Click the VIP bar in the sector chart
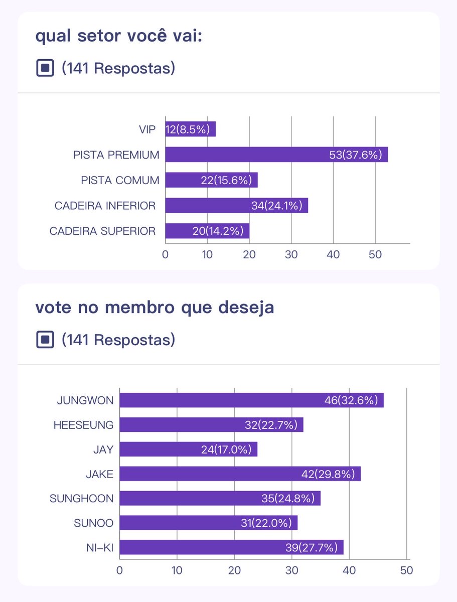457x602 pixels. (191, 129)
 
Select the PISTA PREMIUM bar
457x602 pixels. (276, 155)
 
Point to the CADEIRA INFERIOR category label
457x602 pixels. (105, 206)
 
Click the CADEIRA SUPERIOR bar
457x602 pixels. (207, 231)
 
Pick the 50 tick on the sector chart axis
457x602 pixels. (375, 254)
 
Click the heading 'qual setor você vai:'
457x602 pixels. (118, 37)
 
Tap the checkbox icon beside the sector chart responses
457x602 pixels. (45, 68)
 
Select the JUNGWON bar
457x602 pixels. (251, 400)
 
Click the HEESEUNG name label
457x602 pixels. (83, 425)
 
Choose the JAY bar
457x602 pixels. (188, 449)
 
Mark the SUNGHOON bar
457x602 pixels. (220, 498)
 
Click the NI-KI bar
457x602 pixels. (231, 547)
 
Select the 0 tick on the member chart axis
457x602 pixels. (119, 570)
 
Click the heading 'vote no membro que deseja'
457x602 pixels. (155, 308)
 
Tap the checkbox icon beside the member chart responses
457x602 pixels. (45, 340)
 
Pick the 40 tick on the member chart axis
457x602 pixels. (349, 570)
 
